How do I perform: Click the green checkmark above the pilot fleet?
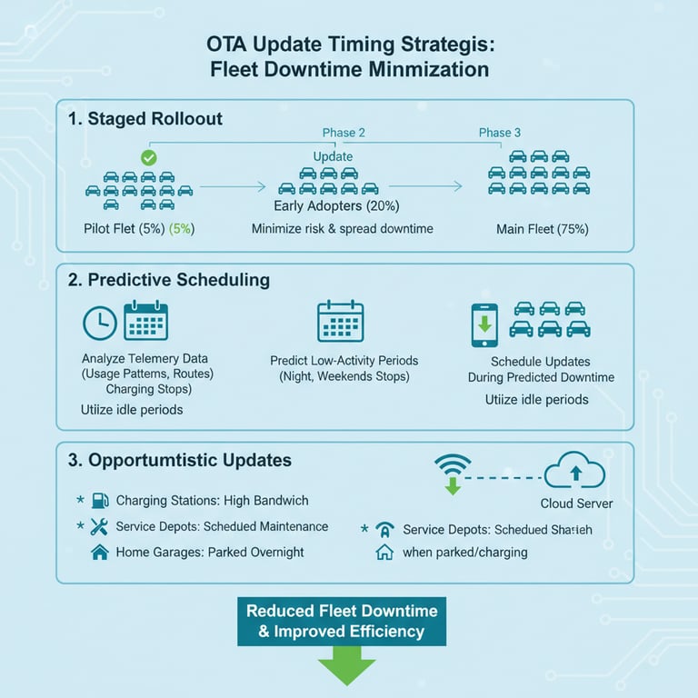149,157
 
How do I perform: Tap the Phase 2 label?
344,133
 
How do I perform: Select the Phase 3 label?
500,133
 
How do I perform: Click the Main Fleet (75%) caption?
542,229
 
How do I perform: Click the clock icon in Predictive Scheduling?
99,324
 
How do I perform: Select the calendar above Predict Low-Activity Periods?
340,321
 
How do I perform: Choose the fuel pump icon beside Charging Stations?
100,501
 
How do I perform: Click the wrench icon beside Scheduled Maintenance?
100,526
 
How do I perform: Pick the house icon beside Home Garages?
100,552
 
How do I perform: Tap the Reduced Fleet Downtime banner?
342,621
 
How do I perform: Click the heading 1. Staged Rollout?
145,119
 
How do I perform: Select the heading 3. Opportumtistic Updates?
180,461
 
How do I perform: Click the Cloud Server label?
576,504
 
